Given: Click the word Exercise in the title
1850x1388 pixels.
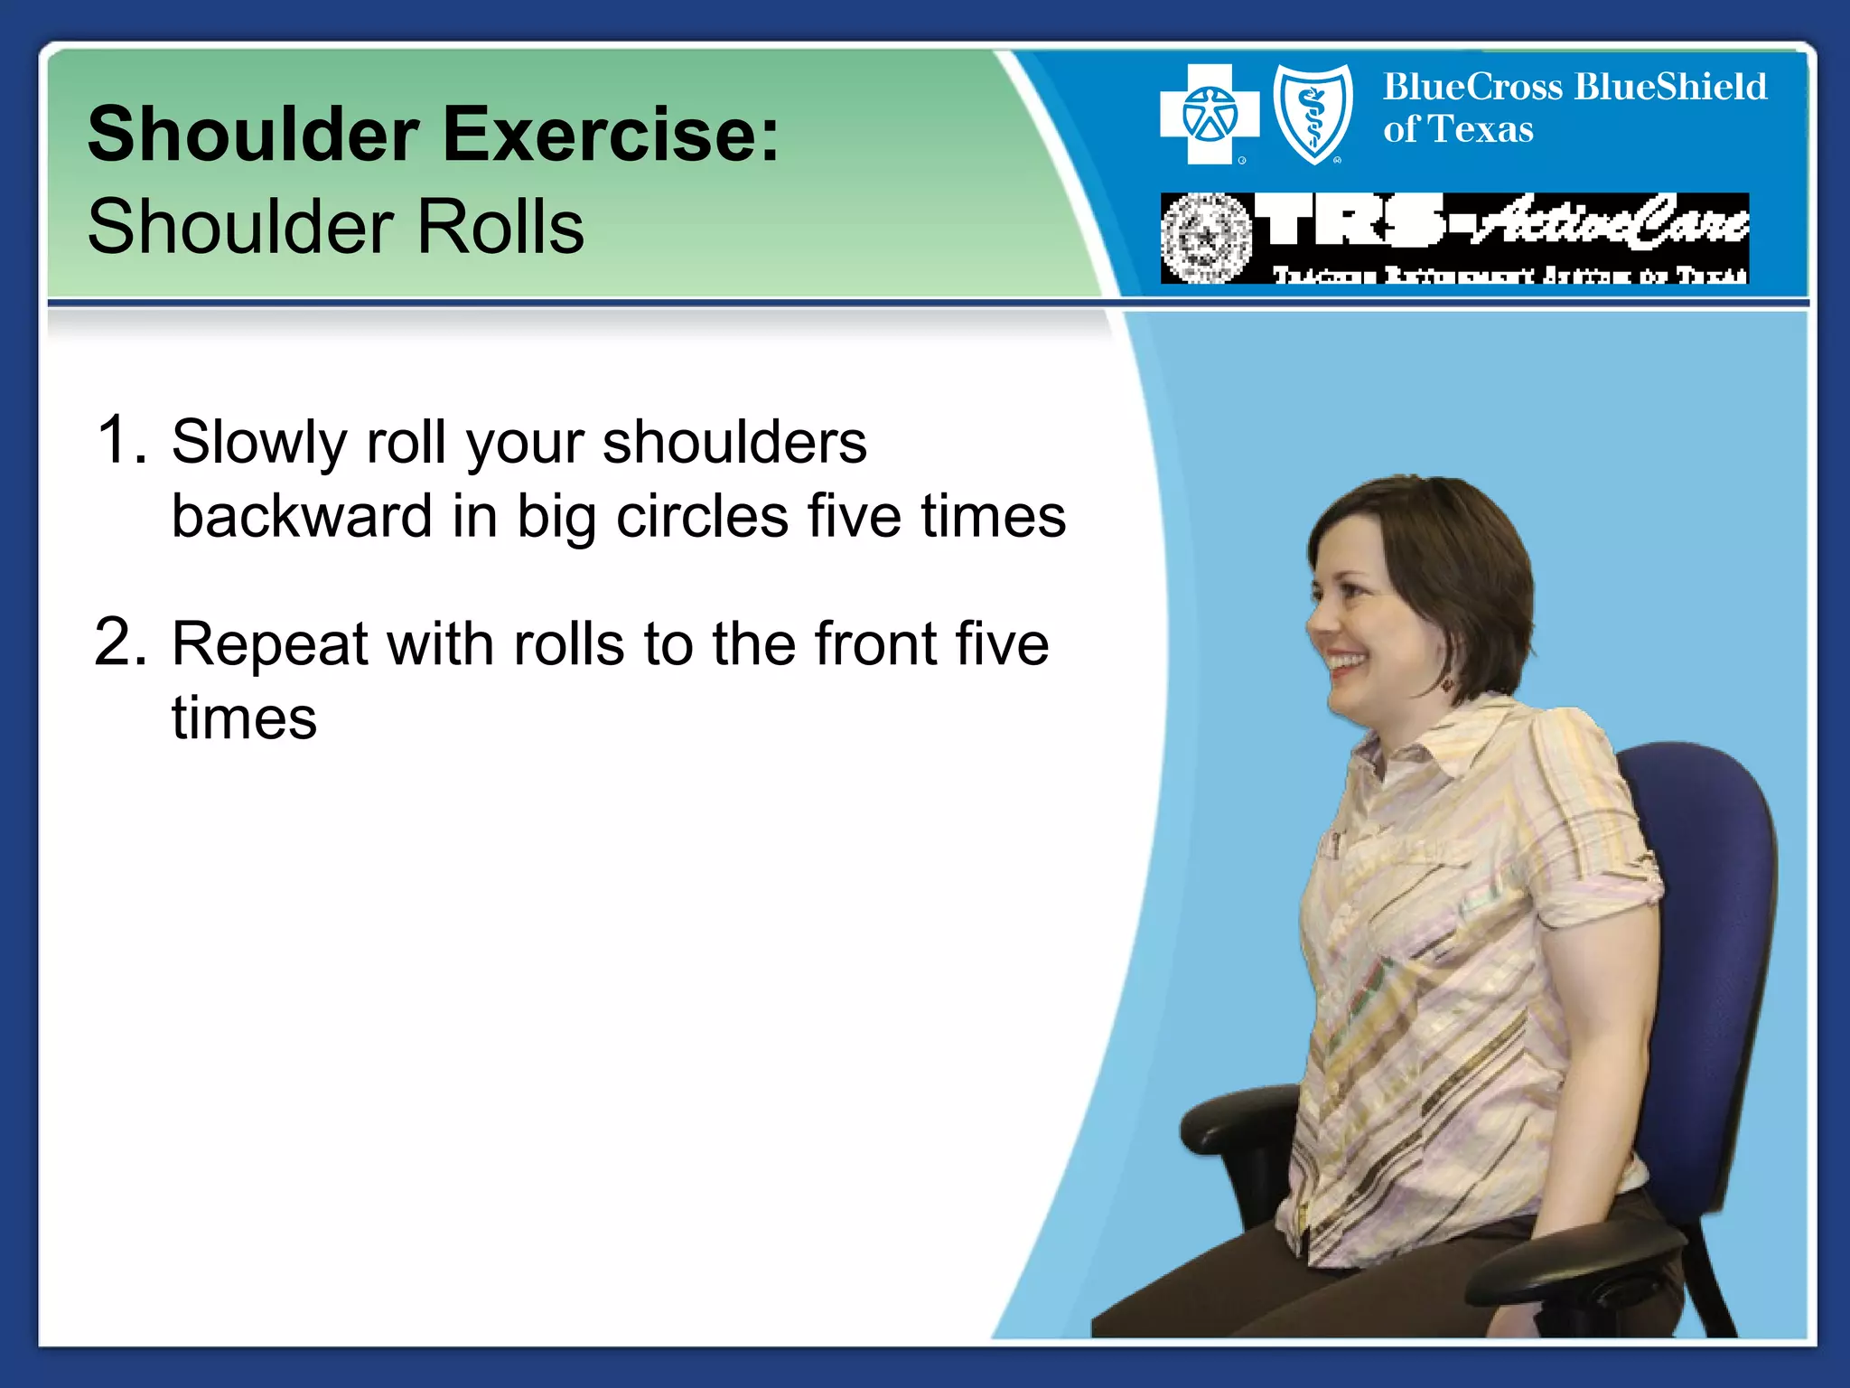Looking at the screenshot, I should tap(611, 136).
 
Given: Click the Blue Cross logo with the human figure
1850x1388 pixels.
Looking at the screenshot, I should tap(1209, 115).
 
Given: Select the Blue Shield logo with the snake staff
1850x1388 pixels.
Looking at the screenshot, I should tap(1313, 115).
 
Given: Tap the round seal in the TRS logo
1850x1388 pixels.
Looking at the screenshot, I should tap(1205, 239).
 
